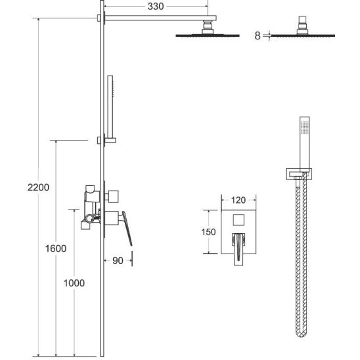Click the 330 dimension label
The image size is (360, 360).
click(156, 7)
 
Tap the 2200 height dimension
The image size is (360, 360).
click(38, 187)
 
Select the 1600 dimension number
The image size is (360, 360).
click(56, 248)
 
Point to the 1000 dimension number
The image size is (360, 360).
click(74, 283)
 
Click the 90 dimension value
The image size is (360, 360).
click(118, 261)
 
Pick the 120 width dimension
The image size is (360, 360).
click(238, 200)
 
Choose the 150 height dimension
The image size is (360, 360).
click(208, 232)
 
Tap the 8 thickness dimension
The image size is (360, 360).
click(258, 36)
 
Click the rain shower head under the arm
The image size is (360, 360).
click(208, 35)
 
